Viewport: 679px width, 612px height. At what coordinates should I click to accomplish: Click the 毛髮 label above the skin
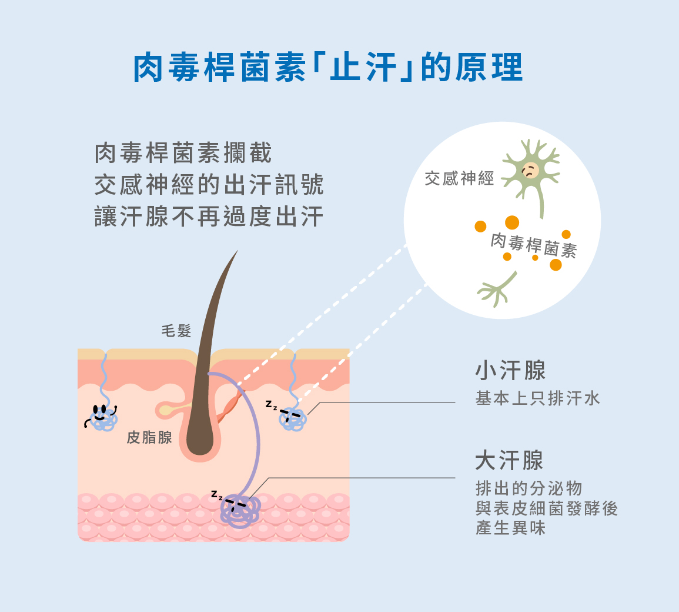tap(176, 331)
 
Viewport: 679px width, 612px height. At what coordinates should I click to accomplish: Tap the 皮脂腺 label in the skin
tap(149, 437)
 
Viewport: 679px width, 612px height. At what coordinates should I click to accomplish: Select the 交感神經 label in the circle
tap(459, 178)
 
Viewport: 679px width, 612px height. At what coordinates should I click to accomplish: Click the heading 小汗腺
tap(510, 371)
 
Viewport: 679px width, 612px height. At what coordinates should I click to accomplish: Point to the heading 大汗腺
tap(509, 460)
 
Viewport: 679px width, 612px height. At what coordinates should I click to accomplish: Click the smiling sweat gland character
tap(102, 417)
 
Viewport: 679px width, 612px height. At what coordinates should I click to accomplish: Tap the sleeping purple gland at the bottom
tap(239, 510)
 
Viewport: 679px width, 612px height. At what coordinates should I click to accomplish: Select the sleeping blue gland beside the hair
tap(293, 419)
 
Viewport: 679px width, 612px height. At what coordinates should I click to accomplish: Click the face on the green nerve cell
tap(530, 170)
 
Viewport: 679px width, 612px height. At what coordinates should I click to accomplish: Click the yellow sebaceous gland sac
tap(167, 410)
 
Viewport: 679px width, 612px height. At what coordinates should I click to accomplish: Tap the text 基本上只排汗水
tap(537, 398)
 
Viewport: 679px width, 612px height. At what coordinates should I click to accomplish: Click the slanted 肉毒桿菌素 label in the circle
tap(534, 246)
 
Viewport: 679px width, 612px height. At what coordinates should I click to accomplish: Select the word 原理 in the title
tap(489, 67)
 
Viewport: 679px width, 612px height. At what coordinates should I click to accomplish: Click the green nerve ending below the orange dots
tap(497, 289)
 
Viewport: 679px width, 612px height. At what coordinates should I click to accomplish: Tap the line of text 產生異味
tap(510, 528)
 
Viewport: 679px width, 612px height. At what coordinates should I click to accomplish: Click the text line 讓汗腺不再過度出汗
tap(209, 217)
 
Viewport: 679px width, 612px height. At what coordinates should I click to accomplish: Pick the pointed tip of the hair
tap(238, 250)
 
